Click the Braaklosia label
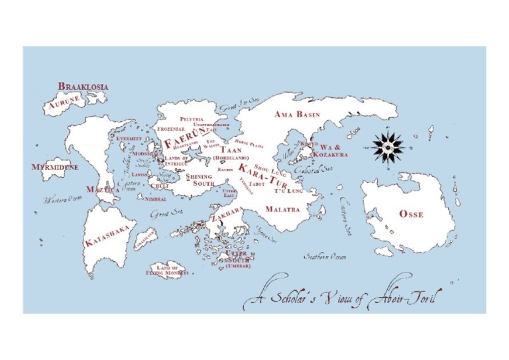click(84, 86)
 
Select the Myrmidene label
click(55, 167)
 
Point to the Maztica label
click(103, 190)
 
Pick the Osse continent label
click(411, 214)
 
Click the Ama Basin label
click(297, 115)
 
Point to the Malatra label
click(282, 209)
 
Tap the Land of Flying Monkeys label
click(168, 270)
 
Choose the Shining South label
click(199, 180)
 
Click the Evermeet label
click(129, 139)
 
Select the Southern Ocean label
click(325, 256)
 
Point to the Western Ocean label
click(63, 199)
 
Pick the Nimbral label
click(155, 199)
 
